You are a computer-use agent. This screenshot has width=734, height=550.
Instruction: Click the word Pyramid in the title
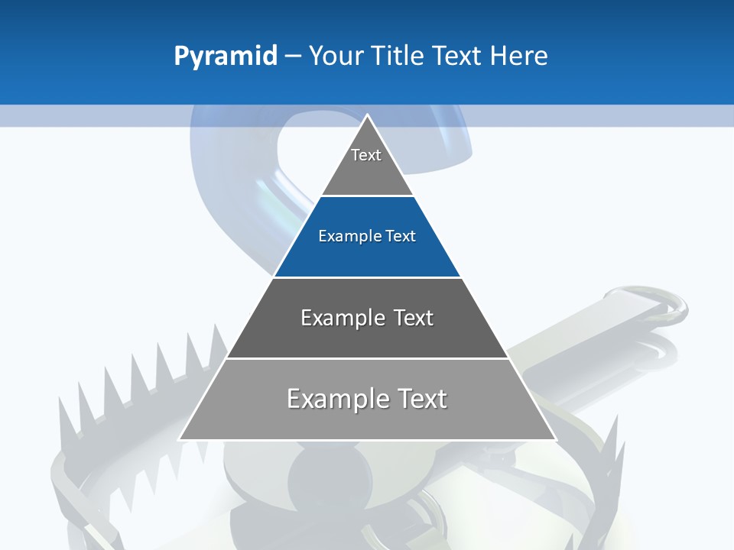click(226, 56)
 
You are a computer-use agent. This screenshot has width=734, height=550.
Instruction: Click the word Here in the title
click(518, 56)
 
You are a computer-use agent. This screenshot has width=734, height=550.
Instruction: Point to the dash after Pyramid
click(293, 57)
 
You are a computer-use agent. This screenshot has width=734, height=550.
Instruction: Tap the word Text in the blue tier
click(401, 236)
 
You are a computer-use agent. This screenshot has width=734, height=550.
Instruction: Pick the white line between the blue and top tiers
click(367, 196)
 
